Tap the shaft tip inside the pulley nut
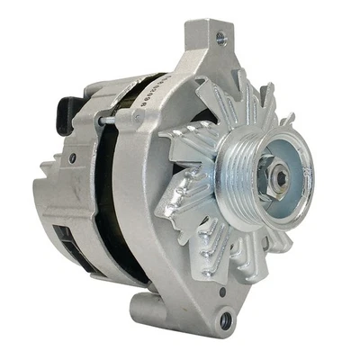tap(282, 178)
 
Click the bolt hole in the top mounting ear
tap(220, 39)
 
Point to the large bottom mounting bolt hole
tap(225, 319)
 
